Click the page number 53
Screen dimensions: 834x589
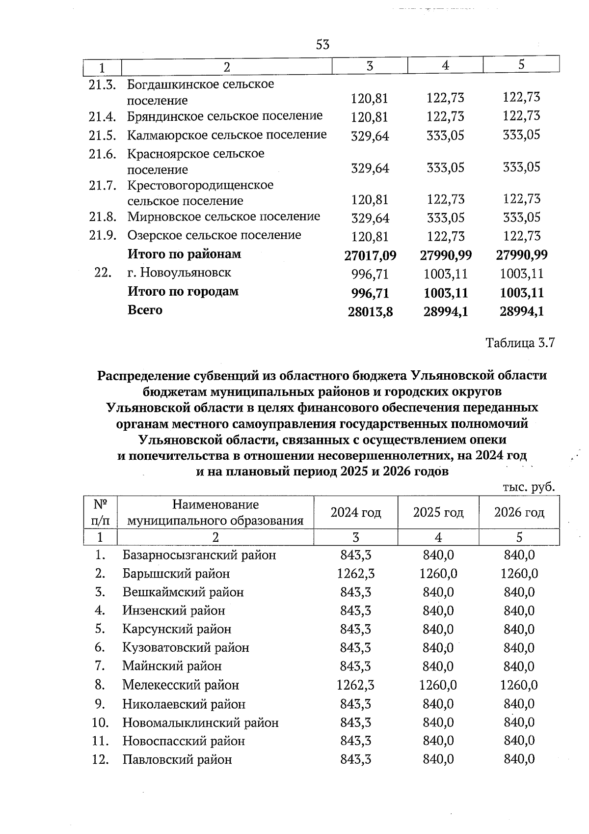(322, 45)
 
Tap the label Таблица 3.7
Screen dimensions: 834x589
(520, 342)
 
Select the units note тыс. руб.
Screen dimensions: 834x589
(529, 487)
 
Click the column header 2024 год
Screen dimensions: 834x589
(355, 512)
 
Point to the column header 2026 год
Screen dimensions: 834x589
(519, 512)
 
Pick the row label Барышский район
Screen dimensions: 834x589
(176, 573)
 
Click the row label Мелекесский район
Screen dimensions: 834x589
(180, 684)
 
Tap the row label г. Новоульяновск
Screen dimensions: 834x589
(179, 273)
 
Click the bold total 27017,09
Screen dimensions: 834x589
(370, 255)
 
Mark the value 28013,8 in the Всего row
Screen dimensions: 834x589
(370, 311)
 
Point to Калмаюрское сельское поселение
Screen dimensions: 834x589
(226, 135)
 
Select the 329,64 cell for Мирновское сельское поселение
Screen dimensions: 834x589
(370, 218)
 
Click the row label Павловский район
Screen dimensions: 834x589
(177, 759)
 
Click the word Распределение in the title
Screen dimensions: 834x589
(142, 376)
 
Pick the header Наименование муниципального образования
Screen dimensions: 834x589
(215, 512)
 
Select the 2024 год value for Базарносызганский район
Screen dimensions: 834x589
(355, 555)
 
